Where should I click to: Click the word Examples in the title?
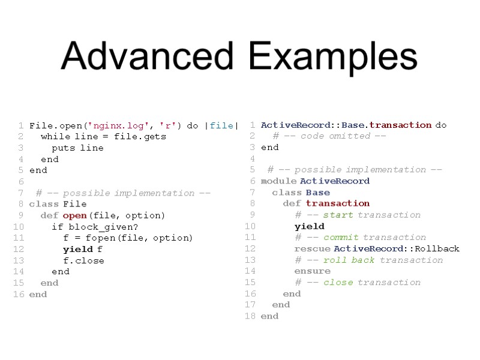333,57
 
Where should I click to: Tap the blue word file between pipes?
221,125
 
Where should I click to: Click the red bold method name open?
74,215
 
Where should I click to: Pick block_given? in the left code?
103,227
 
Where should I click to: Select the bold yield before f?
78,249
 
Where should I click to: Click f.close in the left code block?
83,260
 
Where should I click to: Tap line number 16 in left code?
18,294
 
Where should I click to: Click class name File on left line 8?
74,204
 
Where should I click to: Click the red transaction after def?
337,203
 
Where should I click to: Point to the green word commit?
341,237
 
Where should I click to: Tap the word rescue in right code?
312,248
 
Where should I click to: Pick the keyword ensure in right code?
312,271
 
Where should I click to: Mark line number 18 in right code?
250,316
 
